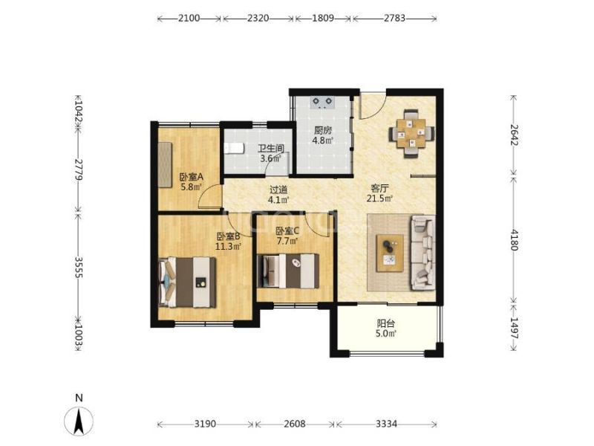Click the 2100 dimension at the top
tap(189, 18)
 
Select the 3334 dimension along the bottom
tap(386, 424)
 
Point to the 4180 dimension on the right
tap(514, 239)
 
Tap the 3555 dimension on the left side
tap(79, 268)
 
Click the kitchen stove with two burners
tap(322, 103)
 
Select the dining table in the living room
tap(411, 134)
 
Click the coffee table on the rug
tap(390, 253)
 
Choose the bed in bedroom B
tap(188, 282)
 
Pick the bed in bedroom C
tap(288, 271)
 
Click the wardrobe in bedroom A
tap(165, 164)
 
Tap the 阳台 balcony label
tap(386, 323)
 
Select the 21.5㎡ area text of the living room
tap(379, 198)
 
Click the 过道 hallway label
tap(278, 190)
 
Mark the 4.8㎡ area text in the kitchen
tap(323, 140)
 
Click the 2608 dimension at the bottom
tap(294, 424)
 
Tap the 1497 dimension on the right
tap(514, 328)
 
